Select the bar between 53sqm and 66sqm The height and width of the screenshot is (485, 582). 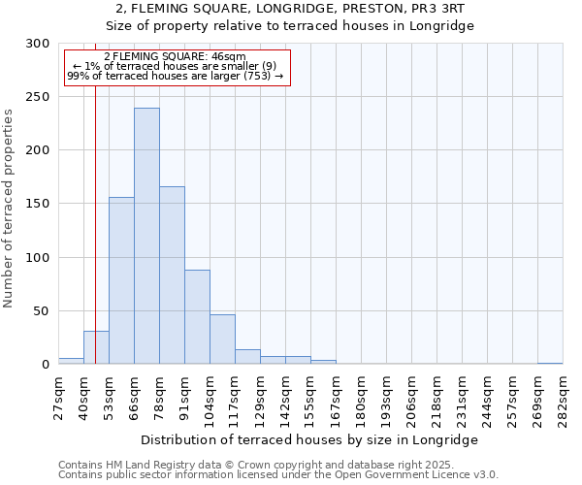point(121,280)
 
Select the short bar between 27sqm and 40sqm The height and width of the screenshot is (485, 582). point(71,361)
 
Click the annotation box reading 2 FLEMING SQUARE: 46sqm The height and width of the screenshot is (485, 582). point(178,67)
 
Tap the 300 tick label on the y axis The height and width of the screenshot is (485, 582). point(38,44)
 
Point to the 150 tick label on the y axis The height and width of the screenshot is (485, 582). point(38,204)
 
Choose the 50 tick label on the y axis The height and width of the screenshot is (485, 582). point(42,311)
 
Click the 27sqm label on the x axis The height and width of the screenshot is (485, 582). point(59,398)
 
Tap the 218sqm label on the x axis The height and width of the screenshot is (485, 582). point(437,398)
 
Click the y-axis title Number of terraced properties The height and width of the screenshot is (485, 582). point(10,209)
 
